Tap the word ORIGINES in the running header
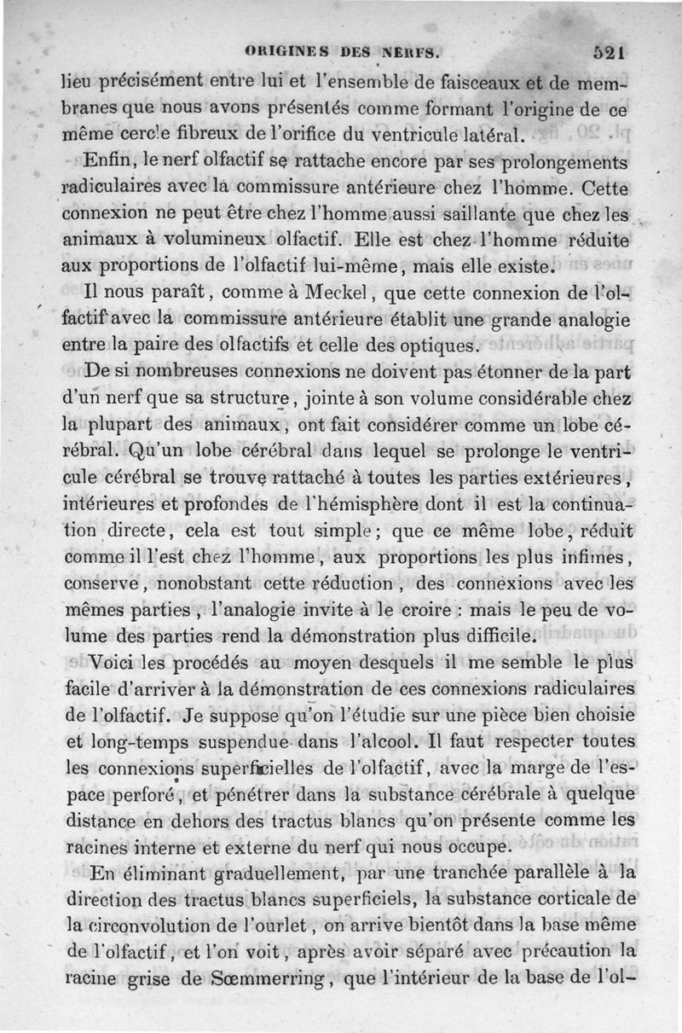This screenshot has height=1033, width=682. [x=283, y=51]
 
